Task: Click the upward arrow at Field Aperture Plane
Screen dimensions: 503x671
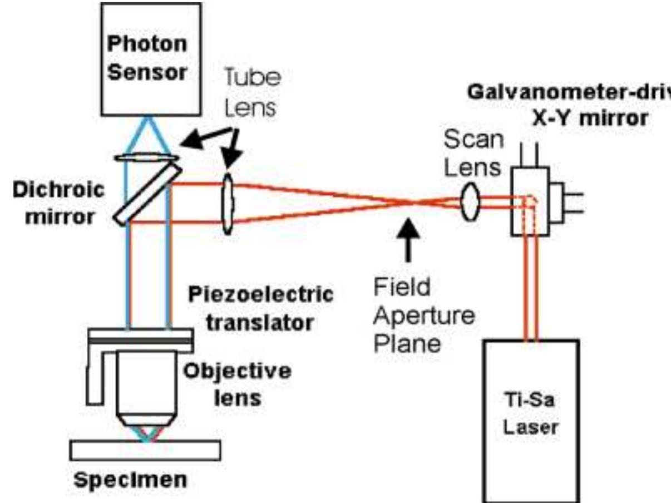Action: [x=409, y=239]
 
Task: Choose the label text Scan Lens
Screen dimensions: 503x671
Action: [x=474, y=155]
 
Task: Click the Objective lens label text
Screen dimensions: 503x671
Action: [x=238, y=384]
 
